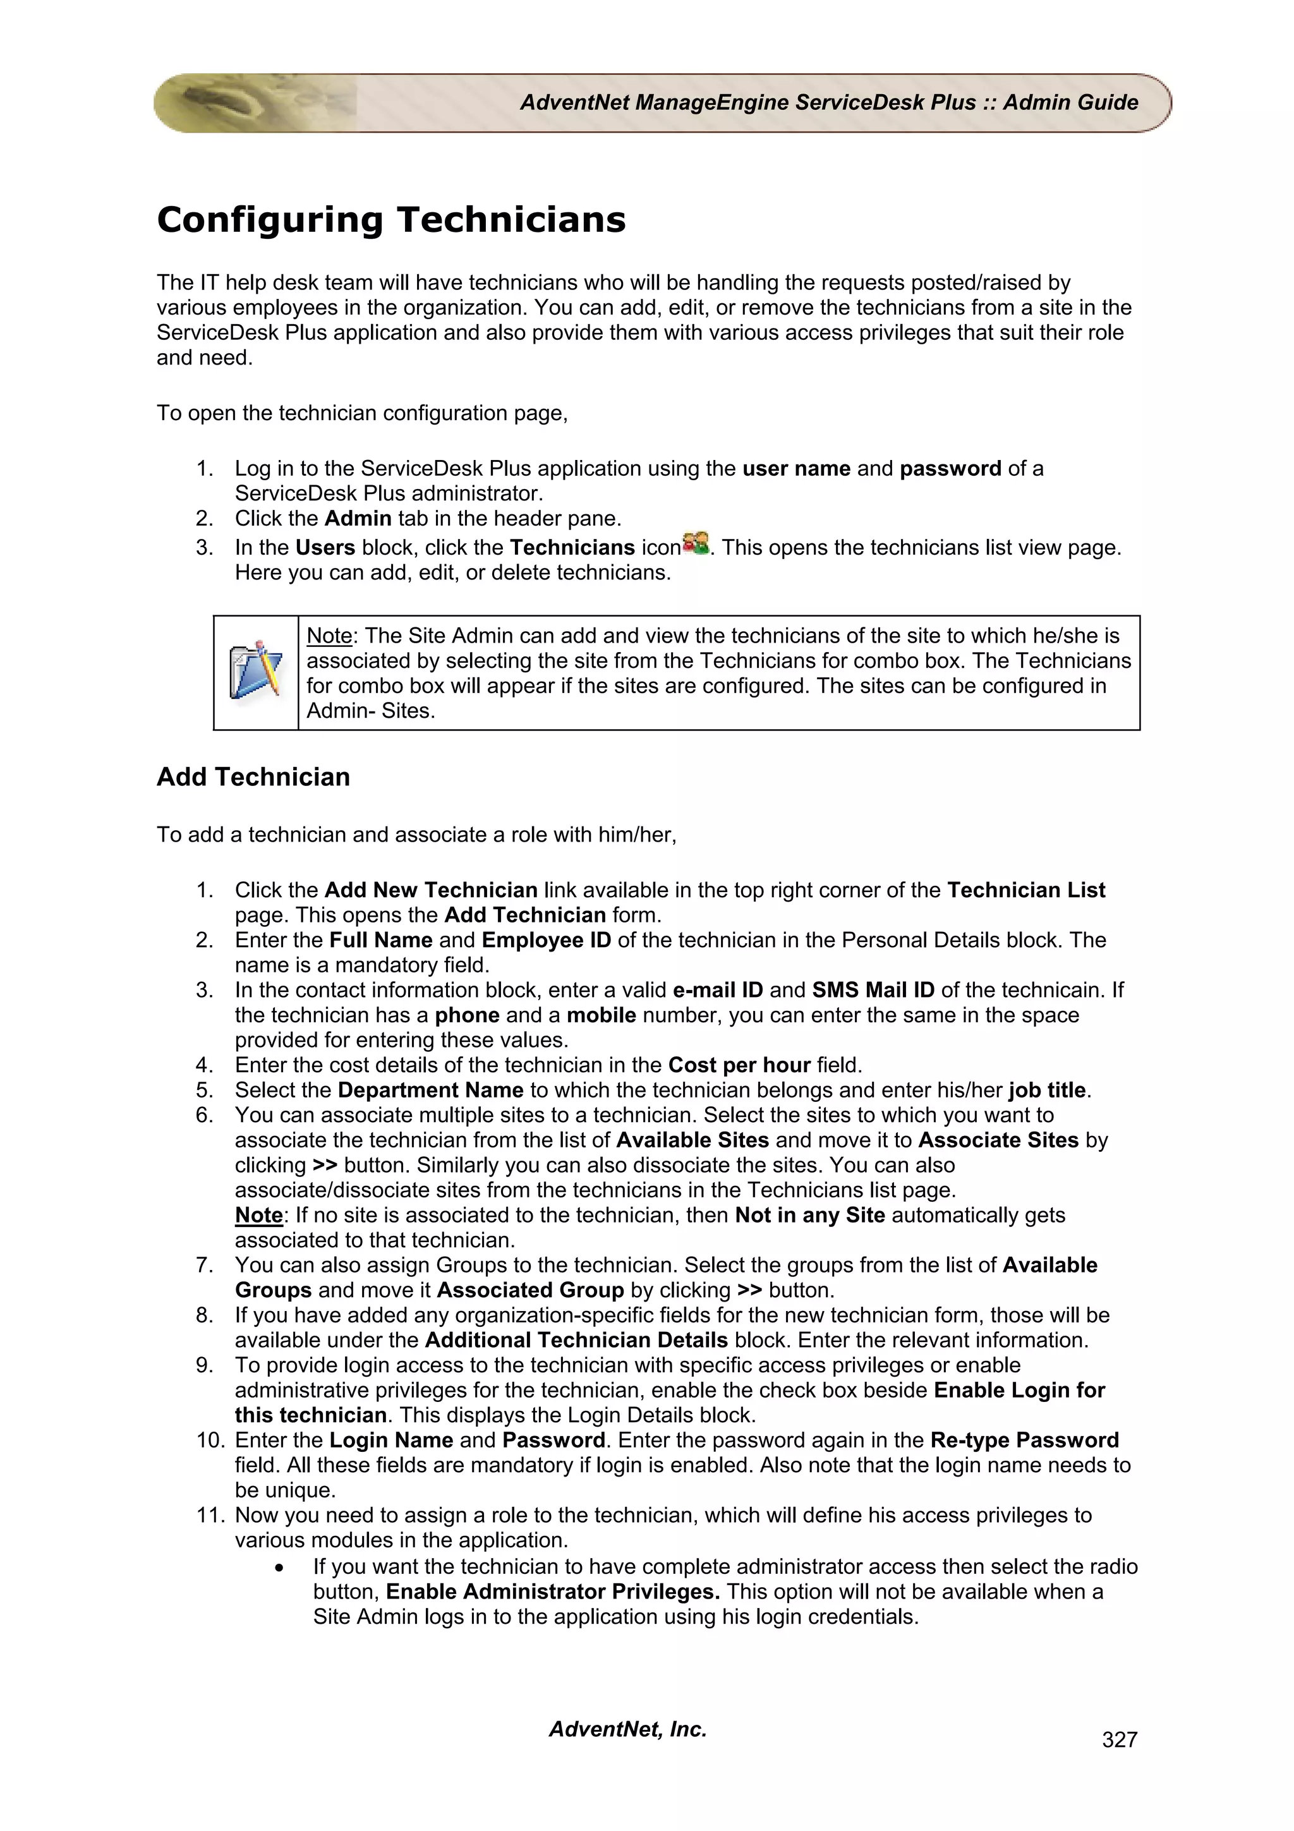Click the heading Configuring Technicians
pyautogui.click(x=390, y=220)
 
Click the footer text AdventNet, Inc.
pyautogui.click(x=627, y=1729)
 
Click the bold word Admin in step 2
pyautogui.click(x=357, y=518)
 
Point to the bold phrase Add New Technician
pyautogui.click(x=430, y=890)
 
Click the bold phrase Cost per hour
pyautogui.click(x=738, y=1065)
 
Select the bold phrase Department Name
pyautogui.click(x=430, y=1090)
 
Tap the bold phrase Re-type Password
pyautogui.click(x=1024, y=1441)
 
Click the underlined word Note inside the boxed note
pyautogui.click(x=329, y=636)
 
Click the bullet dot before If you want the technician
pyautogui.click(x=279, y=1568)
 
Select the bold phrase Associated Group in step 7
pyautogui.click(x=530, y=1290)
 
